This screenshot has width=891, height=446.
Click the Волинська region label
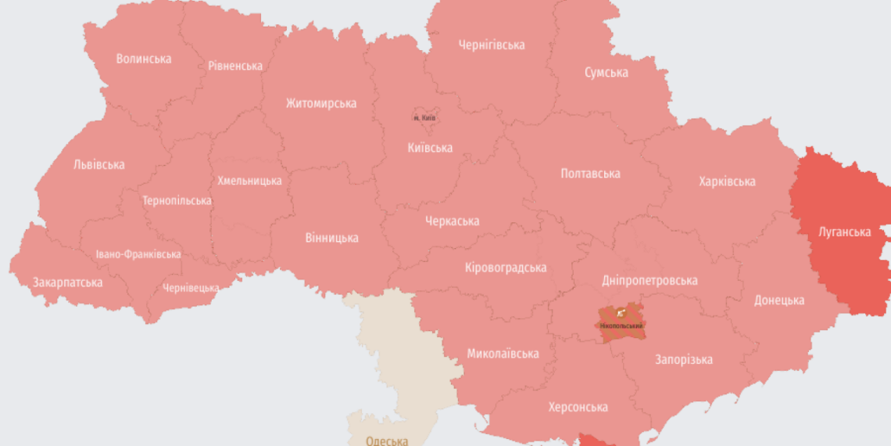[144, 59]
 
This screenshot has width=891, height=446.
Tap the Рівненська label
[235, 66]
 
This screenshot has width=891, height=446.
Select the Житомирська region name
[321, 103]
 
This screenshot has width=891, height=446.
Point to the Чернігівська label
[492, 45]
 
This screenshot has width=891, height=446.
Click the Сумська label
[607, 72]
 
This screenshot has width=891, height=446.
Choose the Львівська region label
[98, 164]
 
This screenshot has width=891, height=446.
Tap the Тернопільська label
[177, 200]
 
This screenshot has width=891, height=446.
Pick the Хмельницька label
[249, 181]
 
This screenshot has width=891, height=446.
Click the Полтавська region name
[591, 174]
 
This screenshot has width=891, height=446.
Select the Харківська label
[727, 182]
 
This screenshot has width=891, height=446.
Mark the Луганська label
[844, 232]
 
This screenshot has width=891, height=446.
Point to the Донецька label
[779, 300]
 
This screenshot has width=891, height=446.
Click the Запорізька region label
[683, 360]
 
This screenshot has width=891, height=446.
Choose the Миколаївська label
[503, 354]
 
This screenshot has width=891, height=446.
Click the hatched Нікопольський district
[621, 322]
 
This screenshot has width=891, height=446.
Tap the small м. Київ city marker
[424, 117]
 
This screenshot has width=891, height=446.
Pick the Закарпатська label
[67, 282]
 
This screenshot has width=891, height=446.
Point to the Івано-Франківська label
[138, 254]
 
